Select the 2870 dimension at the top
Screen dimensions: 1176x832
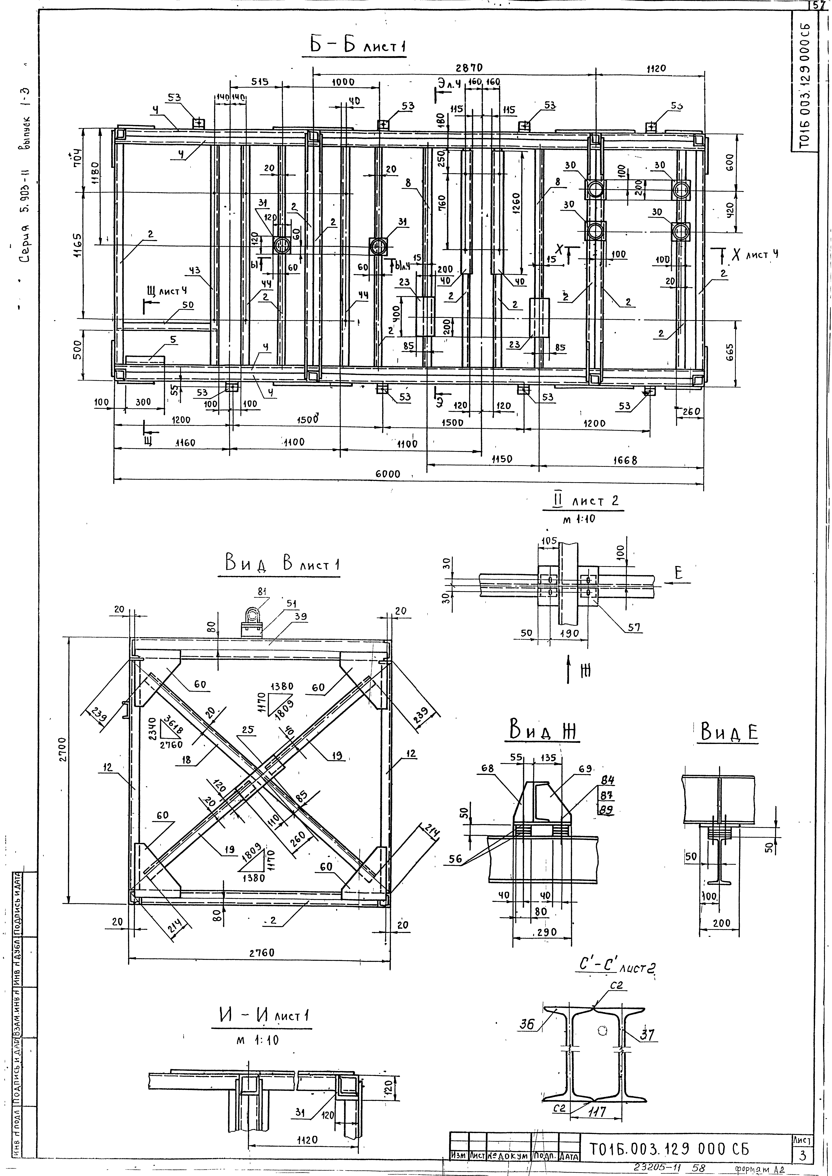point(469,68)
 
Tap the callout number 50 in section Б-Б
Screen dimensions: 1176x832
point(188,305)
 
